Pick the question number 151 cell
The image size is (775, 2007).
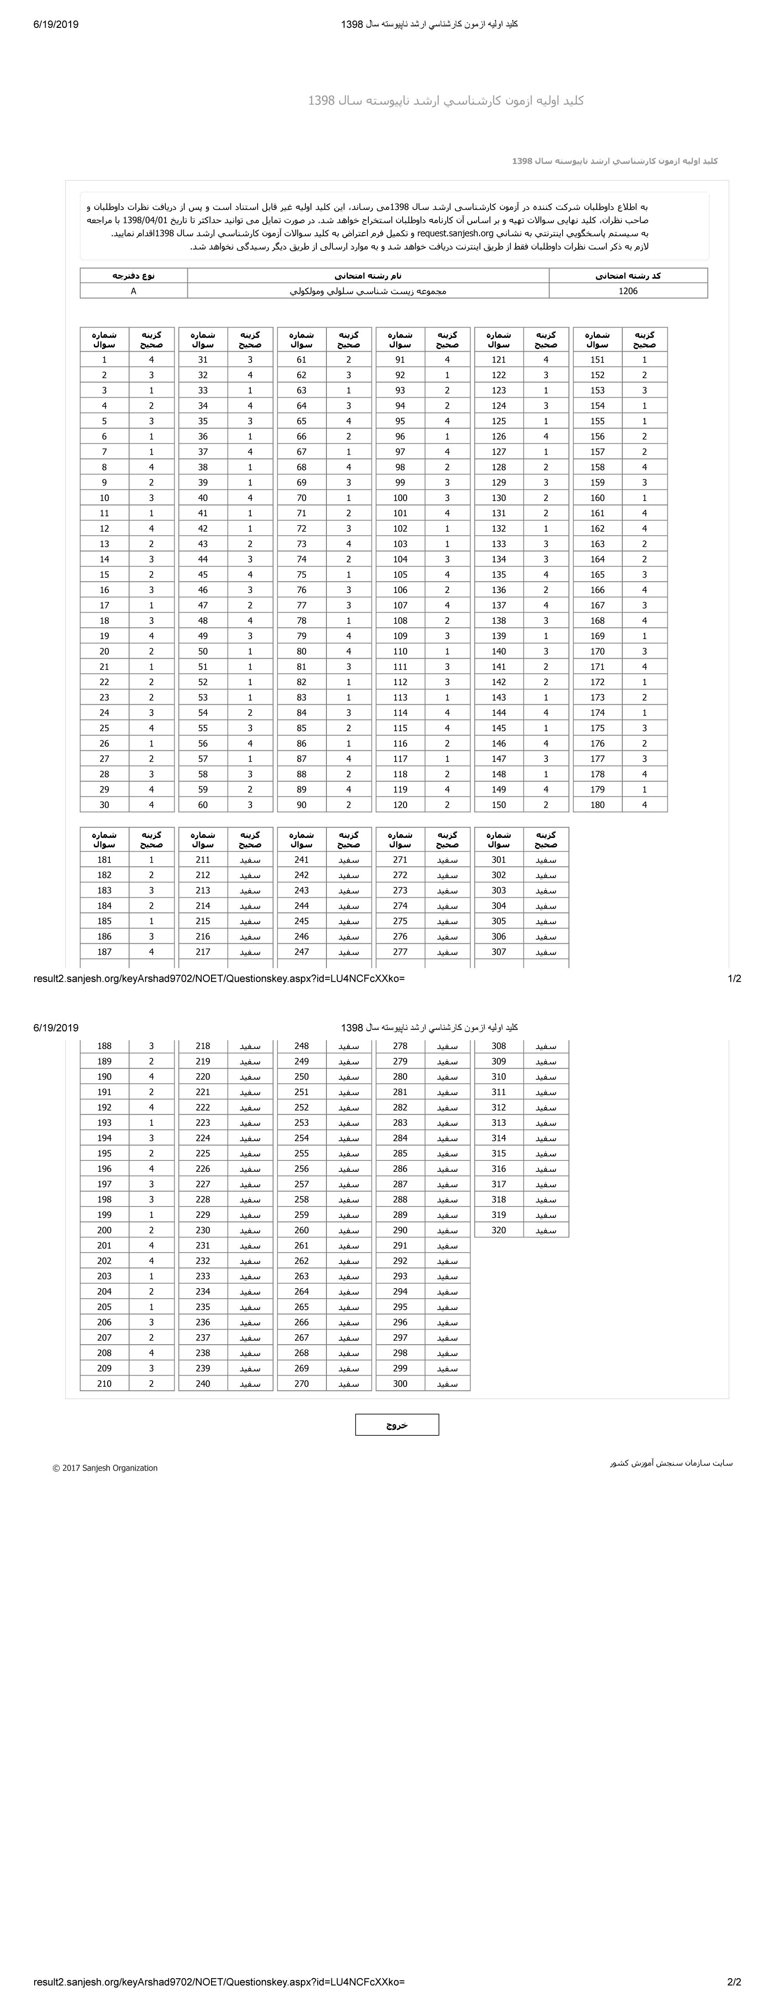coord(597,360)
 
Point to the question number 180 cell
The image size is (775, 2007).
coord(597,805)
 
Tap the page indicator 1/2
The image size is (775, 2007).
coord(734,978)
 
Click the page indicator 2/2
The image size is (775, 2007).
coord(734,1982)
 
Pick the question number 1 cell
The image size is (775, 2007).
coord(104,360)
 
